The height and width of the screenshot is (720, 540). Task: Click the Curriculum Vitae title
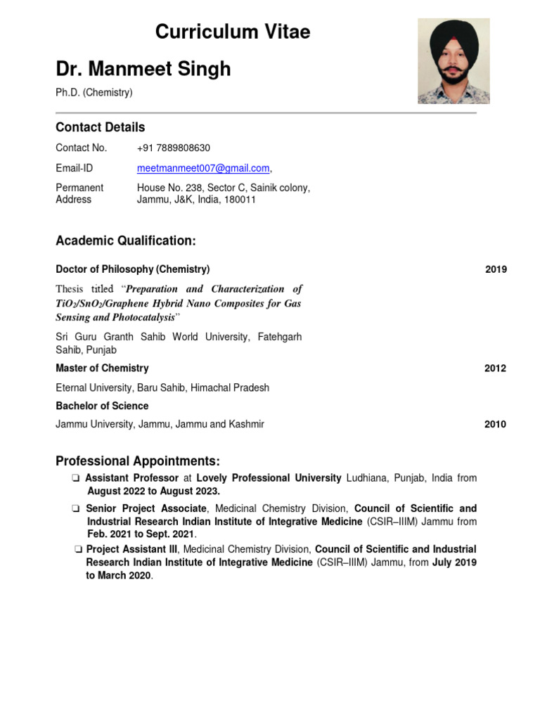[232, 32]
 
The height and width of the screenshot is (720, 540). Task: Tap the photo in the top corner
[454, 61]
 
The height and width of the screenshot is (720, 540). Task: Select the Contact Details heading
[100, 127]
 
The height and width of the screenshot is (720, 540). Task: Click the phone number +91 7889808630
[173, 148]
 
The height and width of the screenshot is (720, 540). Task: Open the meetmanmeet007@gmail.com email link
[203, 168]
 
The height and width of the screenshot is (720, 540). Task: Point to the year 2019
[496, 269]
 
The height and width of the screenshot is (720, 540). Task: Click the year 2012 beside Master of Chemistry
[495, 368]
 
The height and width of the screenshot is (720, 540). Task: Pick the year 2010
[495, 425]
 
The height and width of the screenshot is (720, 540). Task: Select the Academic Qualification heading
[125, 241]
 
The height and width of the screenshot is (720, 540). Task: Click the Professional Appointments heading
[138, 461]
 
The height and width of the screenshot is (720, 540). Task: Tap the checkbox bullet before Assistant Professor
[75, 478]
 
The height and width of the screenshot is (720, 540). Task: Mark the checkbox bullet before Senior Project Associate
[75, 508]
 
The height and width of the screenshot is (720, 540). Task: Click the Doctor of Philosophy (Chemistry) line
[132, 269]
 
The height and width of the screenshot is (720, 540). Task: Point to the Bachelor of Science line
[102, 406]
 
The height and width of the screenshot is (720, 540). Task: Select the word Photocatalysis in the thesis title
[140, 317]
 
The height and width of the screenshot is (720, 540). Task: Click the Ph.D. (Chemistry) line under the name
[94, 92]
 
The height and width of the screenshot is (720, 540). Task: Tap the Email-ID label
[74, 168]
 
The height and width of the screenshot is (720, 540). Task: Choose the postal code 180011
[240, 200]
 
